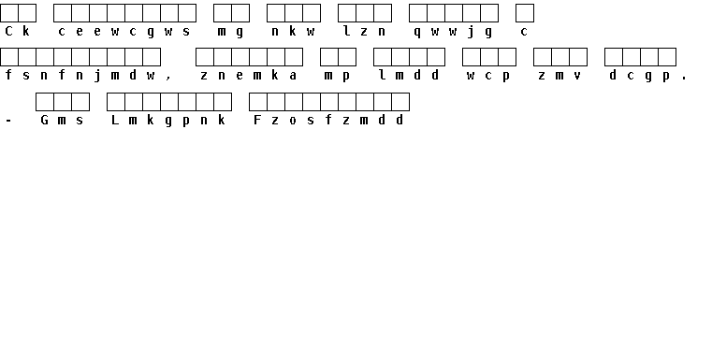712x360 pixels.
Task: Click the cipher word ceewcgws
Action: click(124, 31)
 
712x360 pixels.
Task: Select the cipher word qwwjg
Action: click(453, 31)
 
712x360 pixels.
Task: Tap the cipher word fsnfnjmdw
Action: click(80, 76)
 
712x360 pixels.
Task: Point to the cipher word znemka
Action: click(249, 76)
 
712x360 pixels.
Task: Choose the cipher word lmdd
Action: click(409, 76)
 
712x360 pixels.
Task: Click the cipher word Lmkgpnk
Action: click(168, 121)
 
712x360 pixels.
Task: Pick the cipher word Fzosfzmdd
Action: click(328, 121)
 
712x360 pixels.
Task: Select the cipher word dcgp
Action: click(640, 76)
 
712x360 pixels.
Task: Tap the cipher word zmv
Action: click(559, 76)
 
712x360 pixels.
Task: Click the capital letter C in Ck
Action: click(8, 31)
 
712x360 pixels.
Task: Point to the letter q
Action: click(417, 32)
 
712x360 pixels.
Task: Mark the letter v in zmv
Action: click(577, 76)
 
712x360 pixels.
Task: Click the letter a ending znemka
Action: click(293, 76)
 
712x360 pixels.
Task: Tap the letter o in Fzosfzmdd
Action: click(293, 121)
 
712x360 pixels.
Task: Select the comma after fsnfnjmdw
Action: click(168, 79)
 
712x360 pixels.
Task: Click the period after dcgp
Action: click(684, 79)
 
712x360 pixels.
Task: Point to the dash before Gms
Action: click(8, 121)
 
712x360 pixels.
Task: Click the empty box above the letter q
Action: click(418, 13)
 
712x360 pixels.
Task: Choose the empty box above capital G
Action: click(45, 102)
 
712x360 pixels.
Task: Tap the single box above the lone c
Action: click(525, 13)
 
